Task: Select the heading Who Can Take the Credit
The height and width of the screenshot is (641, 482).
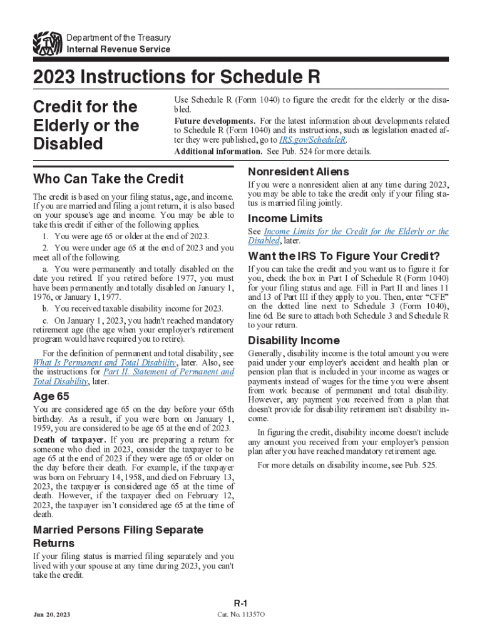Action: [108, 178]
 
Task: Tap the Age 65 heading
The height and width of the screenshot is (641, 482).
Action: [51, 396]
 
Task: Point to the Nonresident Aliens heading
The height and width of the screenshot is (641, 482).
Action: [299, 172]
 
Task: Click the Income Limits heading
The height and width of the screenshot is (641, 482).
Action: [285, 218]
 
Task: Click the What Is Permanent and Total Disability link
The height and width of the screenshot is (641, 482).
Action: [105, 362]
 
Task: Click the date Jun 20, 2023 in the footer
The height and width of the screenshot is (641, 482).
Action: [53, 615]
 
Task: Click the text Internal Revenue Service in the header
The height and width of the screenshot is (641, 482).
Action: [118, 49]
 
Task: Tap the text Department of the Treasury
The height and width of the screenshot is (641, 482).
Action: [118, 38]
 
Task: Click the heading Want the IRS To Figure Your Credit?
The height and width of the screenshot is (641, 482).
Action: [344, 256]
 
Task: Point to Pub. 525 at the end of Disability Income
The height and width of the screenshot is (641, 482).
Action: [421, 465]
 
